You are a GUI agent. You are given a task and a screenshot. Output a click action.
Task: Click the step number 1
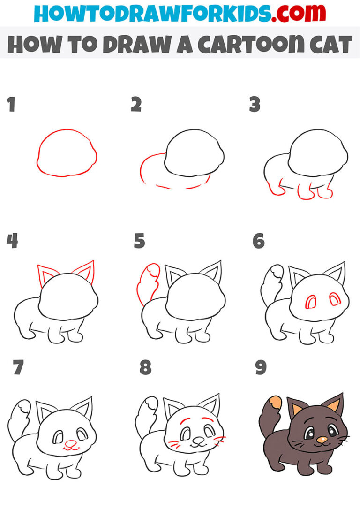pyautogui.click(x=11, y=105)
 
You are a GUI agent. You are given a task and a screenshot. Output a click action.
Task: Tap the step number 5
pyautogui.click(x=139, y=241)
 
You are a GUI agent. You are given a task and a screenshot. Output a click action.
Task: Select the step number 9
pyautogui.click(x=261, y=368)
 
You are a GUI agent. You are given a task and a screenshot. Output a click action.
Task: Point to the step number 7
pyautogui.click(x=18, y=368)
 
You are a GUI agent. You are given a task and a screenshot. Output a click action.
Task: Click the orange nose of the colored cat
pyautogui.click(x=322, y=440)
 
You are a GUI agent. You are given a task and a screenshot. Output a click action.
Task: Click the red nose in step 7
pyautogui.click(x=70, y=442)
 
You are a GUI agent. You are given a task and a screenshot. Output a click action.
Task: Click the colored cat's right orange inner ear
pyautogui.click(x=336, y=408)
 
